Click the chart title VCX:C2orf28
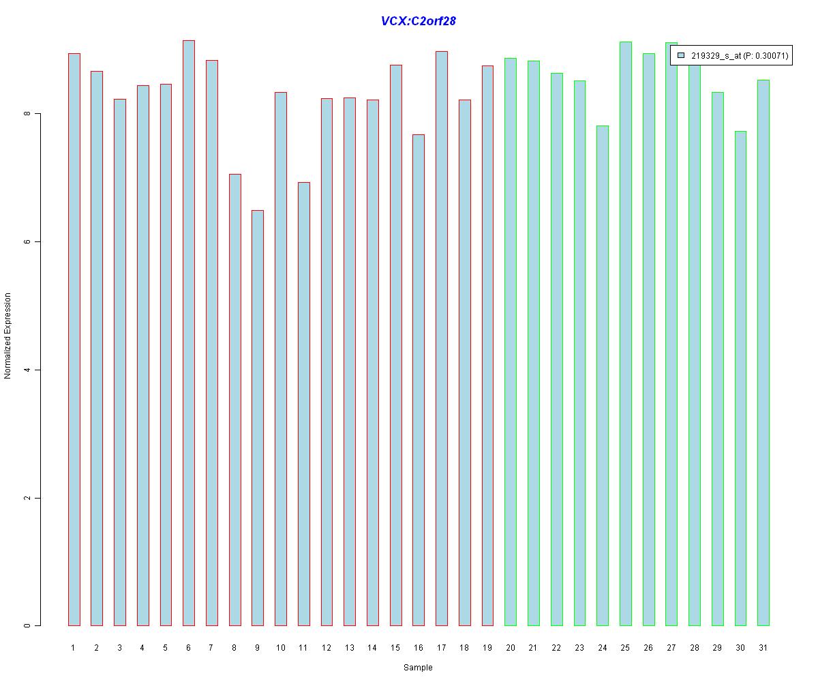point(418,21)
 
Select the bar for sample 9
point(258,417)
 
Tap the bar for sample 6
point(189,333)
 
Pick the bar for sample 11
point(303,404)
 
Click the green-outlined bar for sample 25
point(625,333)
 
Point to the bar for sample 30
point(740,378)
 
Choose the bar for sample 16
point(419,380)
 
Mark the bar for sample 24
point(602,375)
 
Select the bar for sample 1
point(74,339)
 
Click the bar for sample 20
point(511,342)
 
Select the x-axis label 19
point(487,647)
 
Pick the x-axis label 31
point(763,647)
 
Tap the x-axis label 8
point(234,647)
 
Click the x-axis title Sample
point(418,668)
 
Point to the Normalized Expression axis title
point(8,336)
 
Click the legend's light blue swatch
point(680,56)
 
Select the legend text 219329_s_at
point(715,56)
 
